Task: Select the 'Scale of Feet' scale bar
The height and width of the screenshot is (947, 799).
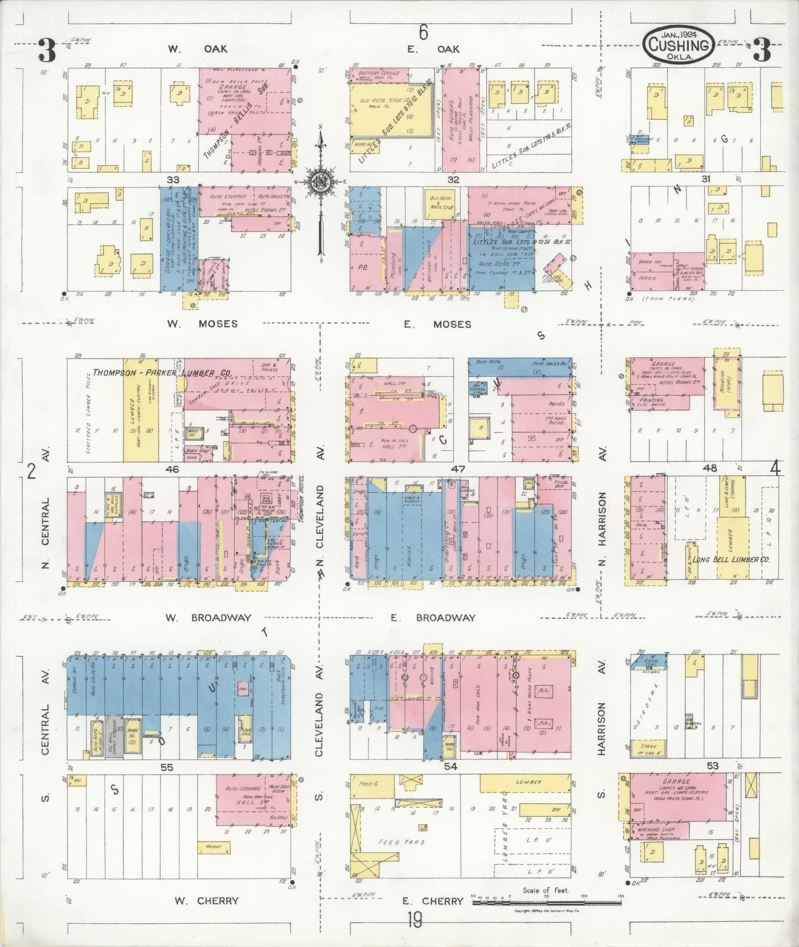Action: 546,903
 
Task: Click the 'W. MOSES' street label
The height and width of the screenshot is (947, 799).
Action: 202,324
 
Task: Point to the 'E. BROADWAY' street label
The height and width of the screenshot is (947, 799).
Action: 432,617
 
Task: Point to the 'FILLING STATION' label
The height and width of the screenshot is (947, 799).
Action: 553,278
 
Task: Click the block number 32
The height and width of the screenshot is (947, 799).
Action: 453,180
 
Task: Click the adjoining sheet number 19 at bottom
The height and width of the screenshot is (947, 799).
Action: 415,921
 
